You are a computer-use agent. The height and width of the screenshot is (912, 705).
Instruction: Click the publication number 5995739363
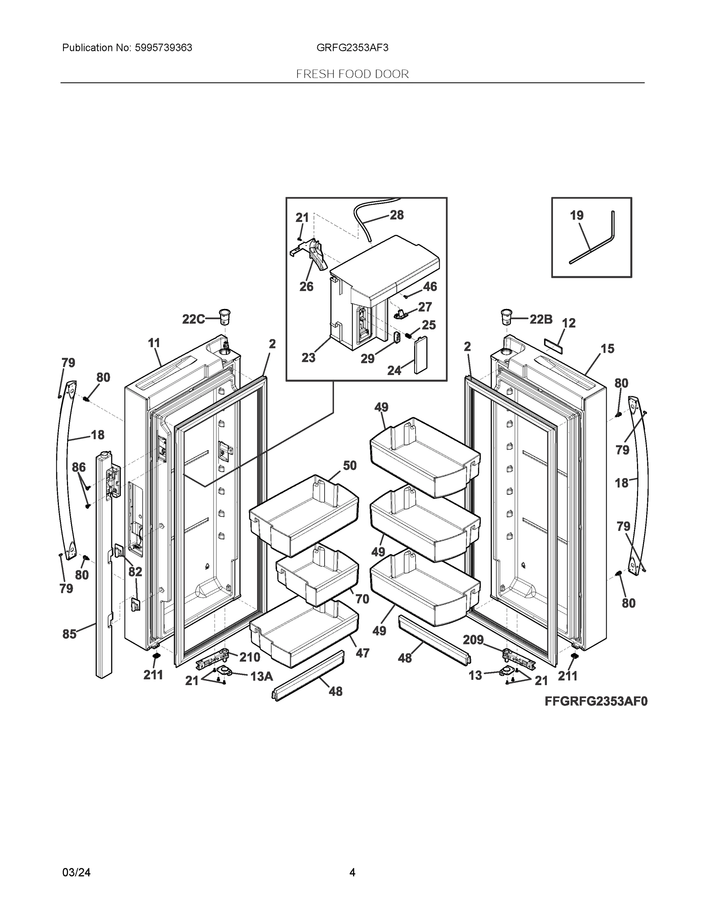click(x=163, y=48)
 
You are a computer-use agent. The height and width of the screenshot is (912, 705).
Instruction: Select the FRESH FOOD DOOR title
click(x=352, y=74)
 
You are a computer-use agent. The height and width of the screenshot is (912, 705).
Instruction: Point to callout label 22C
click(x=193, y=320)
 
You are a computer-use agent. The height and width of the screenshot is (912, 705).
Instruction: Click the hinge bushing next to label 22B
click(x=507, y=317)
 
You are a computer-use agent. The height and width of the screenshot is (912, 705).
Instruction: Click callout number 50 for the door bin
click(x=350, y=465)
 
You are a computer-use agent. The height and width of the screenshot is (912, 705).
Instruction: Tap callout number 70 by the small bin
click(x=362, y=599)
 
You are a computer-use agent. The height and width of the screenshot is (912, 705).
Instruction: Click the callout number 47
click(x=362, y=653)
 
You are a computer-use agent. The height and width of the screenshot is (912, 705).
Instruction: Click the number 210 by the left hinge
click(x=249, y=657)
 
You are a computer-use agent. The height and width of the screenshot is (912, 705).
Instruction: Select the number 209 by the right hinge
click(x=473, y=640)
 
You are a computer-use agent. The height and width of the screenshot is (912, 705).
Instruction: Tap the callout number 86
click(x=79, y=467)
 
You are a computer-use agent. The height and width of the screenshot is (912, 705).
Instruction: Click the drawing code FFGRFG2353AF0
click(x=596, y=701)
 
